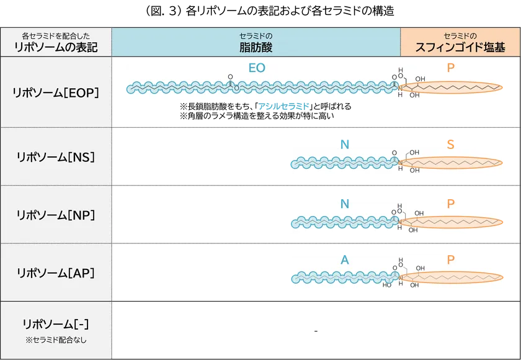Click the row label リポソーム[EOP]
[56, 92]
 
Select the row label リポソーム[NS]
[56, 157]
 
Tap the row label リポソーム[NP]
[56, 215]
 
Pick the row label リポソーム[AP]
[56, 272]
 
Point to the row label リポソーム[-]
[56, 323]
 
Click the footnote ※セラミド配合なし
[56, 340]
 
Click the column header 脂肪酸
[256, 47]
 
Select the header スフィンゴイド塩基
[460, 47]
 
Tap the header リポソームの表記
[56, 47]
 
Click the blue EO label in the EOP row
[257, 68]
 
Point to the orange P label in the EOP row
[450, 68]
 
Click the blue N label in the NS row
[344, 144]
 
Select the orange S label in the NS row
[451, 144]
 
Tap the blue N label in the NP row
[344, 202]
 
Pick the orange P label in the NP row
[451, 202]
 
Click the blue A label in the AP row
[344, 259]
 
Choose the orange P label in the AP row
[451, 259]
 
